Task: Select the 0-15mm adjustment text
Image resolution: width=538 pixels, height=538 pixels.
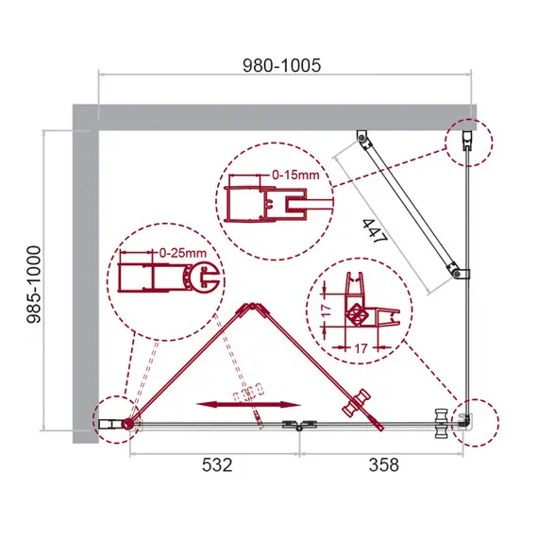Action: click(294, 174)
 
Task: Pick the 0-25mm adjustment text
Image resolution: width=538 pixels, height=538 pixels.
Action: click(182, 253)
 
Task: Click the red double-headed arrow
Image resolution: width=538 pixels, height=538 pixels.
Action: click(229, 404)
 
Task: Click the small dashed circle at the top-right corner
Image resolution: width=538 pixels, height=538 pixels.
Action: click(470, 142)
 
